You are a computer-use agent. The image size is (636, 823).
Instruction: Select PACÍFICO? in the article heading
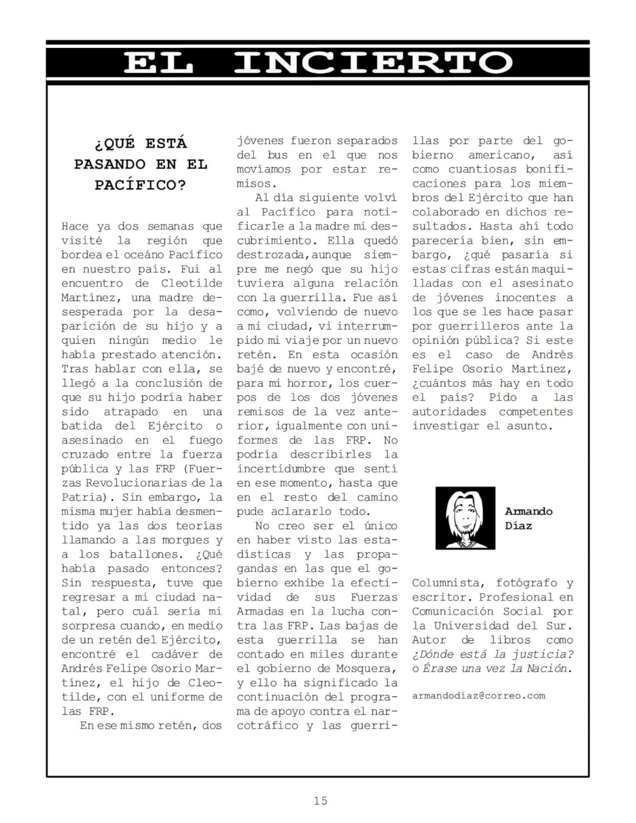[x=141, y=185]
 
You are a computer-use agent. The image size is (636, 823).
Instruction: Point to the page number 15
[x=320, y=801]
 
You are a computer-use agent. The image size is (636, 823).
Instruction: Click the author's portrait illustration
[x=465, y=518]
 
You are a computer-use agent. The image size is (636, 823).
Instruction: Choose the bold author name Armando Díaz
[x=528, y=518]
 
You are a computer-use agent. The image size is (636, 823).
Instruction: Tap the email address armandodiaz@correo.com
[x=478, y=695]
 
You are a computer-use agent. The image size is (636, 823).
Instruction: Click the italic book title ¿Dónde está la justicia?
[x=493, y=653]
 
